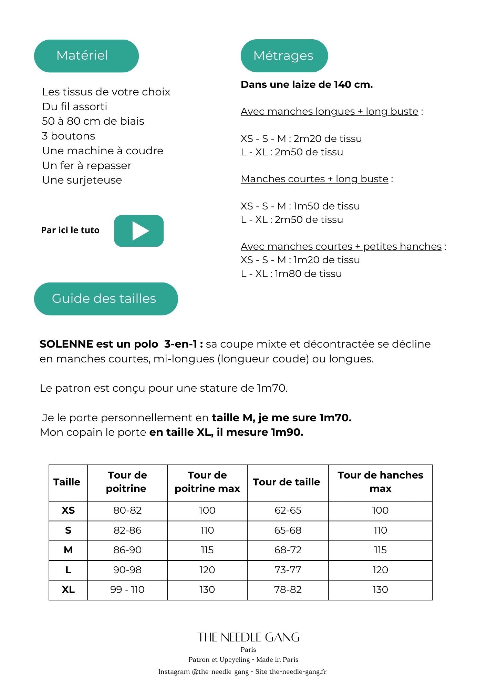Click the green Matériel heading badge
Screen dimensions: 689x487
point(86,56)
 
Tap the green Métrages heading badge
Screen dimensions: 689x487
point(284,56)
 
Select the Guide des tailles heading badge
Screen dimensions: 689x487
point(106,299)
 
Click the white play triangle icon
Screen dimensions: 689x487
point(140,231)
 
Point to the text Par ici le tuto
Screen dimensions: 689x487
point(70,230)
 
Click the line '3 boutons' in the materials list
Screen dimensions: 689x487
point(69,136)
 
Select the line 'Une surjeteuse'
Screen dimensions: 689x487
point(82,180)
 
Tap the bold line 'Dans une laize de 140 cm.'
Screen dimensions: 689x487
point(307,85)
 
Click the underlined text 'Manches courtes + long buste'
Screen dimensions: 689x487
point(314,179)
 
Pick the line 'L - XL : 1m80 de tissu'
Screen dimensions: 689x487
point(291,274)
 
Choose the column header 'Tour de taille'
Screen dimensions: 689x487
point(286,482)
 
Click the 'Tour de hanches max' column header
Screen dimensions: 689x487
point(380,482)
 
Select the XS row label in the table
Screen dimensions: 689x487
point(68,511)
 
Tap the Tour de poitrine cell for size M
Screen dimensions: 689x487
point(127,550)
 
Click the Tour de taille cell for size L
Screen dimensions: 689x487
point(288,570)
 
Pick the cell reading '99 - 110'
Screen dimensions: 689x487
point(127,590)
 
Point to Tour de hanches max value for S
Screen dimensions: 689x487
point(380,531)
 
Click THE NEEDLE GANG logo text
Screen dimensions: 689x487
point(248,638)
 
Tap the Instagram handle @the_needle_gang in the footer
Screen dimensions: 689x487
point(220,672)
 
